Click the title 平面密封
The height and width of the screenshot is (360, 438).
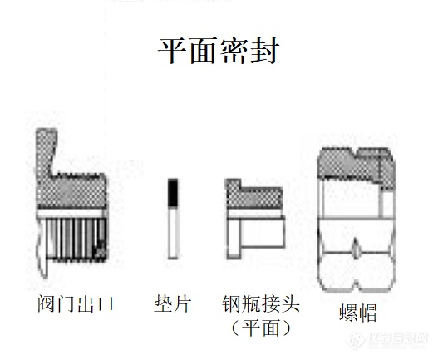219,51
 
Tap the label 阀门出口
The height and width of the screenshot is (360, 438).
76,303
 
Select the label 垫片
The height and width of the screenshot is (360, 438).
172,303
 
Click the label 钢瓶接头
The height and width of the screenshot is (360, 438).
261,303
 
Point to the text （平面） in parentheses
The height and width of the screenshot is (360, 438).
261,328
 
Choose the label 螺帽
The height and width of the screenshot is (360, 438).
358,313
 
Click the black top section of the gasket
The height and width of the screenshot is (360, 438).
173,193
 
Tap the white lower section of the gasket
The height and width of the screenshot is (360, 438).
173,233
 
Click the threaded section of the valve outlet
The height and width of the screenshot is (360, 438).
73,239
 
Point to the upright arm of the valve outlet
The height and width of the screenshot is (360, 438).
46,152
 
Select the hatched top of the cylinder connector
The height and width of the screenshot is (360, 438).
253,195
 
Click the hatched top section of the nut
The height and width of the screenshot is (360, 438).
357,165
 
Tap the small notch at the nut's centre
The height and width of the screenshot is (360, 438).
356,249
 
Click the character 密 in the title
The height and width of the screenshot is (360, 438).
234,51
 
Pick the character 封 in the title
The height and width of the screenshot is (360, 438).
264,51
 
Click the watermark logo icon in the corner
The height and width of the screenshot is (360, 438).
356,340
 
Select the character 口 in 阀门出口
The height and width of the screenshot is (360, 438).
105,304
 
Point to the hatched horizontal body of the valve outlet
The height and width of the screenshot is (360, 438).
71,191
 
